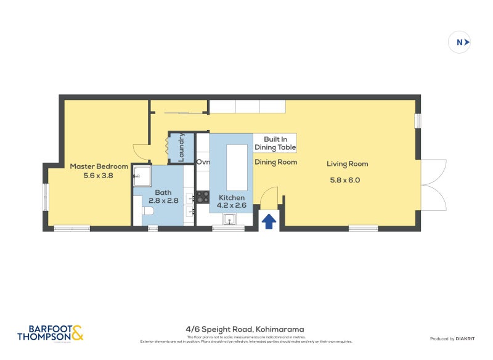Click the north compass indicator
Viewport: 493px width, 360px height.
tap(460, 43)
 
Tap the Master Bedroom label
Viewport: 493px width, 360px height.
tap(99, 166)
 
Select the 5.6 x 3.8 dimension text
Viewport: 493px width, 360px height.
tap(99, 176)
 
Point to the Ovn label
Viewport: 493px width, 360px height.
tap(203, 162)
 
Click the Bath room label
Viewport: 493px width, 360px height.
tap(163, 192)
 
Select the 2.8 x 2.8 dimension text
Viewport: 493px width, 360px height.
tap(163, 200)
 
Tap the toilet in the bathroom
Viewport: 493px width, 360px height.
tap(147, 211)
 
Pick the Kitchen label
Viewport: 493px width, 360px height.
tap(232, 197)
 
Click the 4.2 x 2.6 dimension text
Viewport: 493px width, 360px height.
tap(232, 207)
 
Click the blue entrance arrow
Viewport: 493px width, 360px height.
tap(269, 221)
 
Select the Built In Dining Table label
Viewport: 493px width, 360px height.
tap(275, 144)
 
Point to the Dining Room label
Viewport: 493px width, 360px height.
tap(276, 162)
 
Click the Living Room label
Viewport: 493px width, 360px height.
tap(348, 164)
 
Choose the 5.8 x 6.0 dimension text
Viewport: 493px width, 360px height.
tap(345, 181)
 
